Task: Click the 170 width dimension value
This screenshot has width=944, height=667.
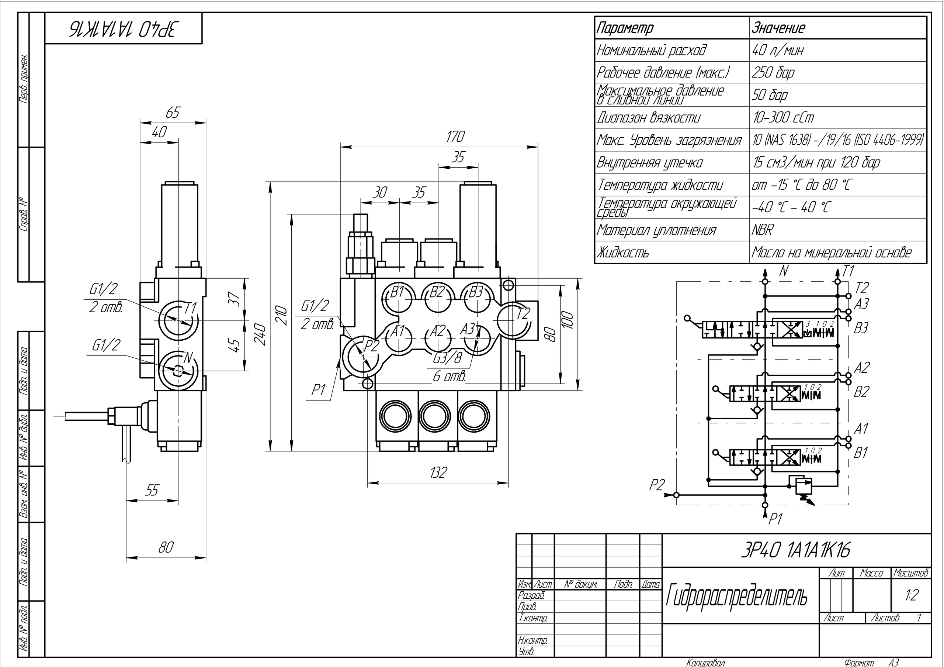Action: coord(455,137)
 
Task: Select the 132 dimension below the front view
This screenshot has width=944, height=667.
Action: coord(438,473)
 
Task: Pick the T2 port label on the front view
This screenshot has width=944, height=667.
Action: coord(523,314)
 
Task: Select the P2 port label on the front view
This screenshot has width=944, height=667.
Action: coord(371,346)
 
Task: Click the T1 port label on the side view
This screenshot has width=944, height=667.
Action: coord(190,308)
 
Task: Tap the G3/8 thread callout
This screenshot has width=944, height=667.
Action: coord(447,358)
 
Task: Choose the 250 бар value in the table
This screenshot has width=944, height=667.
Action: coord(773,73)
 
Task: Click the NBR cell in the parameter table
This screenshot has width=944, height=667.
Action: coord(762,230)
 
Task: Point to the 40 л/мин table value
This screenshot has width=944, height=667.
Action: coord(777,51)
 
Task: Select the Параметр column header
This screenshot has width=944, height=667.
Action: coord(625,28)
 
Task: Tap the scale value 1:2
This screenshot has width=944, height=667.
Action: coord(912,595)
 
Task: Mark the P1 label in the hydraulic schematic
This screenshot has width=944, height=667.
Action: coord(775,520)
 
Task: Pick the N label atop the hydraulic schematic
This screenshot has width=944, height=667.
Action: coord(784,271)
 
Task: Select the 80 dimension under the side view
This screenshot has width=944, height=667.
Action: coord(166,547)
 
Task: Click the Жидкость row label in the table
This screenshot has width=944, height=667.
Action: coord(623,252)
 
